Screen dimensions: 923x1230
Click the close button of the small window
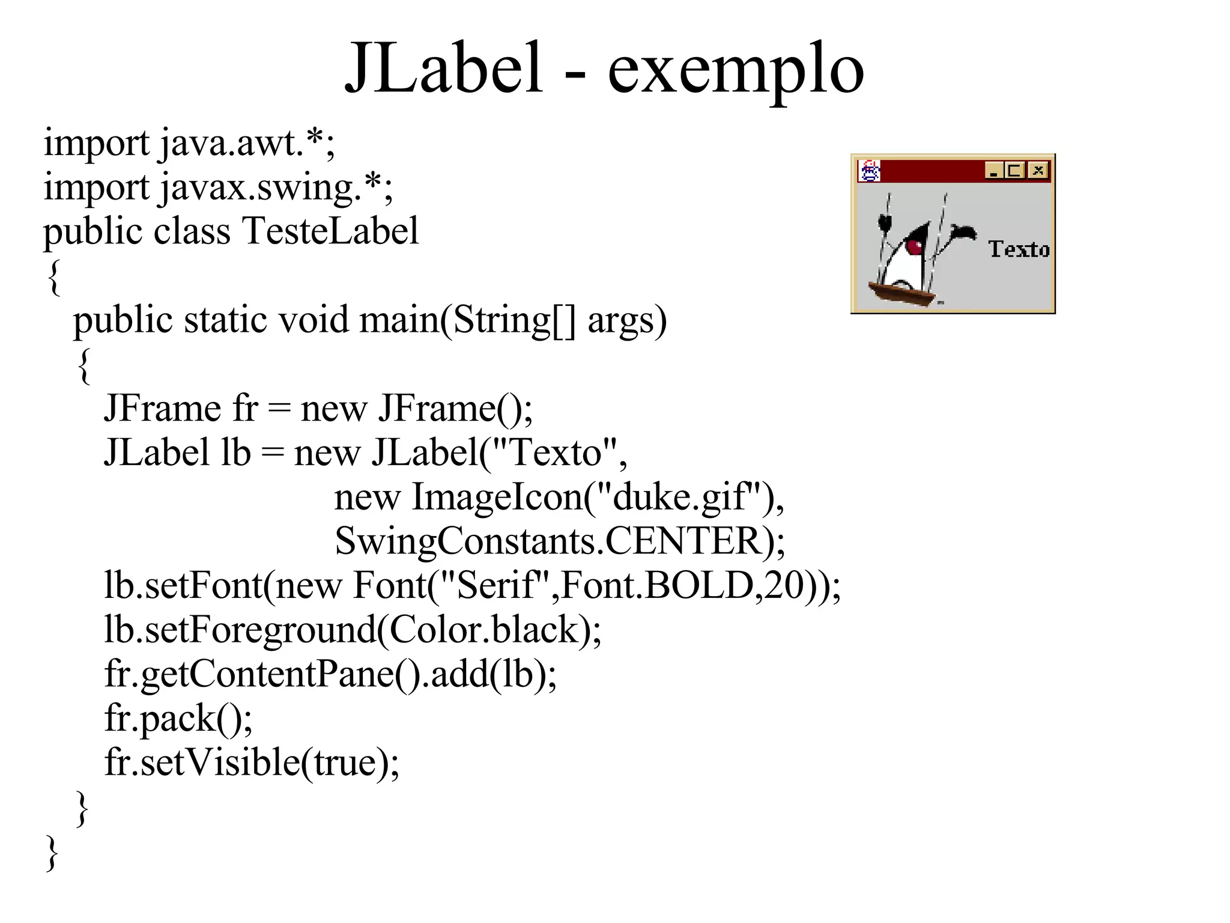tap(1038, 171)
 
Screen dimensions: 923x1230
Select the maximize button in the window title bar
tap(1015, 171)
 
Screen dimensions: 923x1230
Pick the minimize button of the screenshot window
tap(994, 171)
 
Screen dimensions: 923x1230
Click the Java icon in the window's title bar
tap(870, 171)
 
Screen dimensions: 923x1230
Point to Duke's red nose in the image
tap(914, 246)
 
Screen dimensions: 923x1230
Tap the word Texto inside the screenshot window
tap(1019, 249)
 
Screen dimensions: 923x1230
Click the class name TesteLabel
tap(330, 231)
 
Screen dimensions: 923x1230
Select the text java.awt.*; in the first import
tap(247, 144)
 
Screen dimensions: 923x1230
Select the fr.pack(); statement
tap(178, 719)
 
